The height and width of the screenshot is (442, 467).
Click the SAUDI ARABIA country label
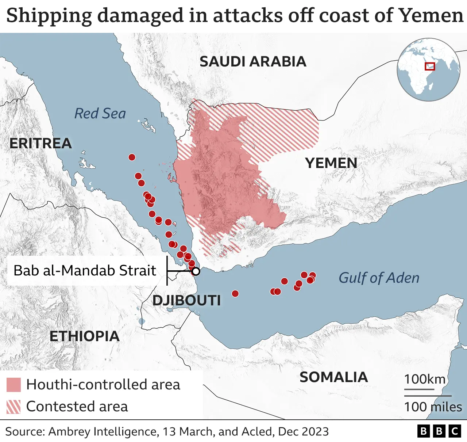[253, 61]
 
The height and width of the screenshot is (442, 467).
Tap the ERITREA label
[40, 143]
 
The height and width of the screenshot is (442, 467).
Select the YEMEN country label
[331, 163]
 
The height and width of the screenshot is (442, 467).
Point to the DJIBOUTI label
[186, 300]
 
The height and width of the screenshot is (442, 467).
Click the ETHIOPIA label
[84, 336]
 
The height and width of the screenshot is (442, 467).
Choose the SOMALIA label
[333, 377]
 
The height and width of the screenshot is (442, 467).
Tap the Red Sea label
[100, 113]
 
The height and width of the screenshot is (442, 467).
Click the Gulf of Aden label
[379, 278]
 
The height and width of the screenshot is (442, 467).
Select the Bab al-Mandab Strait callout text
[85, 270]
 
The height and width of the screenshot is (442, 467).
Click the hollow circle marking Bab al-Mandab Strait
[196, 271]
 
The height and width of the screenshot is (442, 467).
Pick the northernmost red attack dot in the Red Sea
[132, 157]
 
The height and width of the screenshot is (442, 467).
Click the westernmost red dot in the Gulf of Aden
[235, 293]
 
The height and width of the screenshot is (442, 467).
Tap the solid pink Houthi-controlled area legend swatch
[13, 385]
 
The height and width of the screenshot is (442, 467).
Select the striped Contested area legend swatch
[13, 407]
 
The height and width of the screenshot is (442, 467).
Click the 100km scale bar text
[424, 379]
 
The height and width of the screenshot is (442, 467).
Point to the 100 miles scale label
[433, 407]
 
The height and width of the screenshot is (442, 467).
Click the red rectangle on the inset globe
[430, 66]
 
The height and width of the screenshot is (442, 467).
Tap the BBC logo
[439, 431]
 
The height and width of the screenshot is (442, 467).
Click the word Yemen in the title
[431, 15]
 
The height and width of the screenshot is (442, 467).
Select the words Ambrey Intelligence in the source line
[103, 431]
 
